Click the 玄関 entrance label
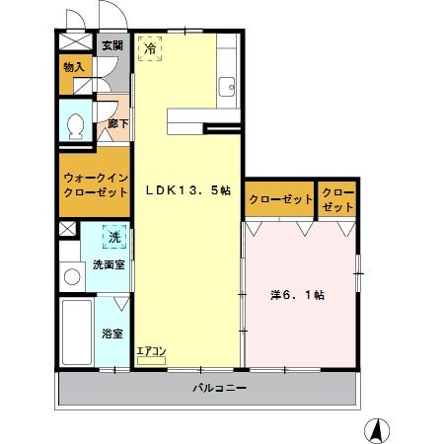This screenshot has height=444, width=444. click(x=112, y=45)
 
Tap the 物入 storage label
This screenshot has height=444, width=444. click(x=74, y=68)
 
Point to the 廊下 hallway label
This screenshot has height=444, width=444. click(x=116, y=124)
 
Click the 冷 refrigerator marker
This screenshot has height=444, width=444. click(x=151, y=48)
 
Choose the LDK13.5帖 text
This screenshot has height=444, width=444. click(x=188, y=190)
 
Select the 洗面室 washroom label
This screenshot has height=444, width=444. click(x=109, y=264)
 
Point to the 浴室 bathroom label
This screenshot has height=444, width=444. click(x=112, y=333)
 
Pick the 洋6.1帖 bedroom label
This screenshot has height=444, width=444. click(x=299, y=294)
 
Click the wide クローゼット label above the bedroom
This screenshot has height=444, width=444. click(x=280, y=199)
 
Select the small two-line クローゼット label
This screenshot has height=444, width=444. click(x=336, y=198)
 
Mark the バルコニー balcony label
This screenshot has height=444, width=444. click(x=219, y=388)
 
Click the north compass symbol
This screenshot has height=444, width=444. click(x=375, y=430)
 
